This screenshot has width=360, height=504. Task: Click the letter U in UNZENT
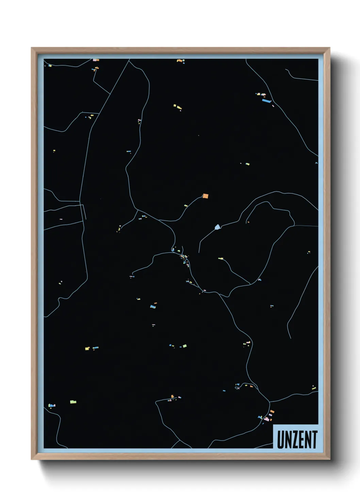pyautogui.click(x=281, y=440)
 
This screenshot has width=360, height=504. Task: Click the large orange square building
pyautogui.click(x=205, y=196)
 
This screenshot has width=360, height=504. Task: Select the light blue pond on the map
pyautogui.click(x=217, y=227)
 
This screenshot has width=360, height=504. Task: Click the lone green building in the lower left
pyautogui.click(x=73, y=402)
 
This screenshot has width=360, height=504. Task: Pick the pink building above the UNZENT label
pyautogui.click(x=266, y=419)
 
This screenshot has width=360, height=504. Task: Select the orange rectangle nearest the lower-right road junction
pyautogui.click(x=272, y=412)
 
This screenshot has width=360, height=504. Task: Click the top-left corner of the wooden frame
pyautogui.click(x=32, y=48)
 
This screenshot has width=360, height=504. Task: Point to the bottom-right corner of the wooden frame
pyautogui.click(x=329, y=459)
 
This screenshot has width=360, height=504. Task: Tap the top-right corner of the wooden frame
pyautogui.click(x=329, y=48)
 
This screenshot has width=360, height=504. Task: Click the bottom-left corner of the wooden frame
pyautogui.click(x=32, y=459)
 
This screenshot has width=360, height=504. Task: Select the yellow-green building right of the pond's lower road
pyautogui.click(x=220, y=258)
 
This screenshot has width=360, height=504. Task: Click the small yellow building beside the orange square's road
pyautogui.click(x=186, y=206)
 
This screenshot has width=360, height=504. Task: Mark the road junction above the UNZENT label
pyautogui.click(x=269, y=402)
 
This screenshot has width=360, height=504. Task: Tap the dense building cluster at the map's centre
pyautogui.click(x=184, y=257)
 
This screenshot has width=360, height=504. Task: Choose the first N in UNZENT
pyautogui.click(x=288, y=440)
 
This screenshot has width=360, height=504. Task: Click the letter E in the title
pyautogui.click(x=301, y=440)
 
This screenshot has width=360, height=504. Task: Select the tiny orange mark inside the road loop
pyautogui.click(x=248, y=222)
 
